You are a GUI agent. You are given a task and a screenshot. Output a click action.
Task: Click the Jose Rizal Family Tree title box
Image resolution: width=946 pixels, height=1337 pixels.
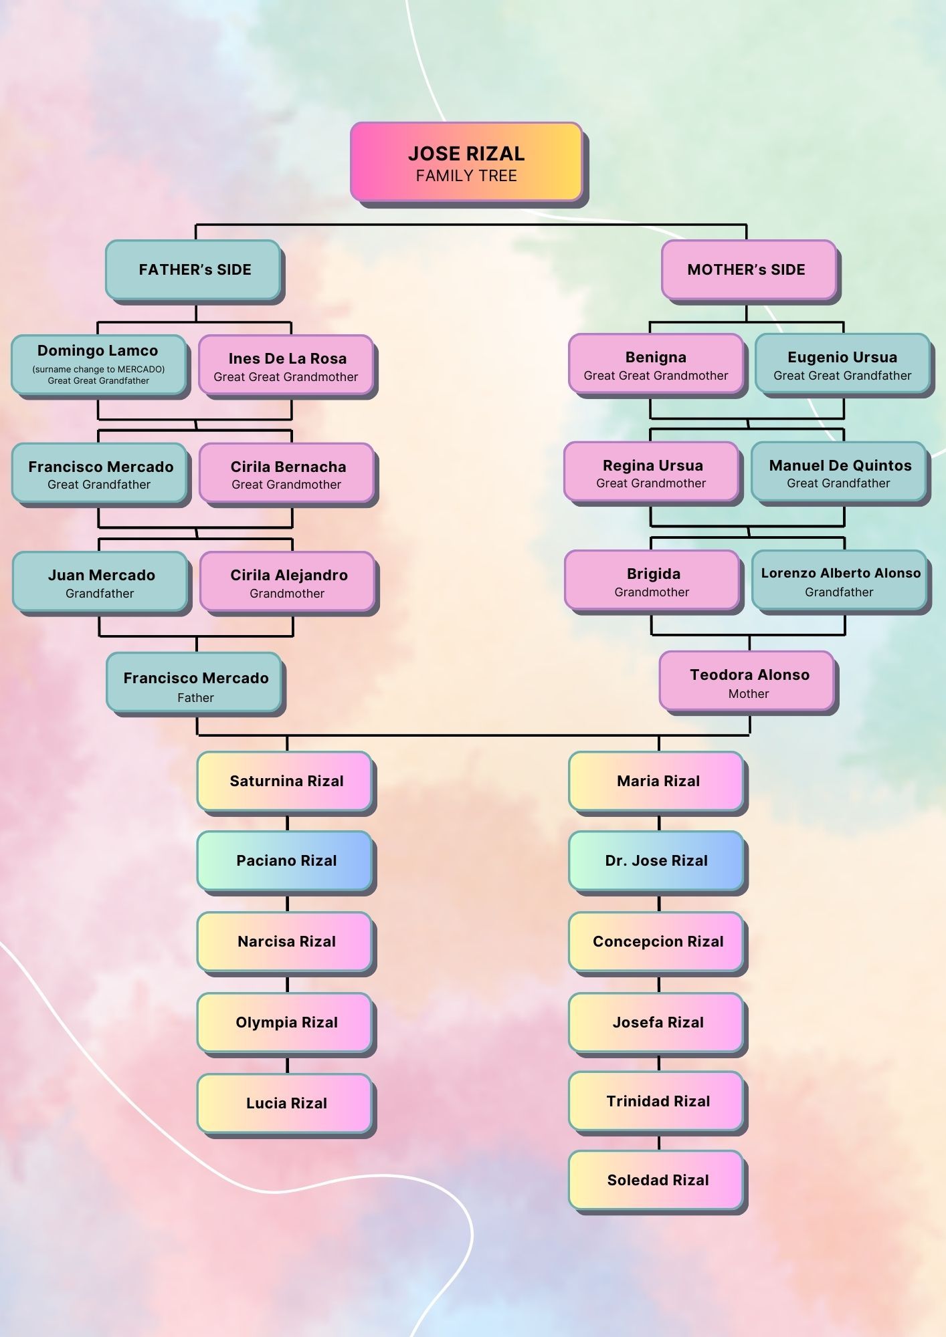click(466, 162)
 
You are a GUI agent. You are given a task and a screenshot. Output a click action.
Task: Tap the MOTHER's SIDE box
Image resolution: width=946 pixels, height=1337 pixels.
click(748, 269)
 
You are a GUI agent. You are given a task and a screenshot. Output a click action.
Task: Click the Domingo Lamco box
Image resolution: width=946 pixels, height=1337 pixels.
click(98, 364)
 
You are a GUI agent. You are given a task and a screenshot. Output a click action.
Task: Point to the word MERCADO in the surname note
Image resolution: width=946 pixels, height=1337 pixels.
click(140, 369)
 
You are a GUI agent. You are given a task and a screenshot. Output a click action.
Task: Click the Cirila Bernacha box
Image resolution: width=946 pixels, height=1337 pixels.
click(287, 473)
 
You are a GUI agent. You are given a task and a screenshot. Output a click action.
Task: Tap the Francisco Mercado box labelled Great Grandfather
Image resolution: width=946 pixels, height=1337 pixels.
click(100, 473)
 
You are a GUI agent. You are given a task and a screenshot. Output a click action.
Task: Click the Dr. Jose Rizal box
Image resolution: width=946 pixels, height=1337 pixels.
click(656, 860)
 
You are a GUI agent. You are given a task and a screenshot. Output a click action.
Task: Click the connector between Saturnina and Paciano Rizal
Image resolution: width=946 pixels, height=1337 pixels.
click(287, 822)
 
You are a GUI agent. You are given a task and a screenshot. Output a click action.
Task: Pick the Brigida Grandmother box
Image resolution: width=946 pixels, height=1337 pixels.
click(652, 580)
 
